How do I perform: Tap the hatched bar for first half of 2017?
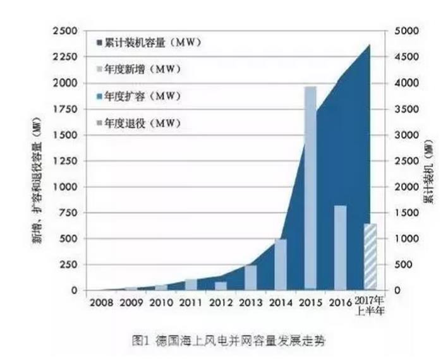(370, 256)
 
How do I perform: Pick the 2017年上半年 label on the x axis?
(372, 305)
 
